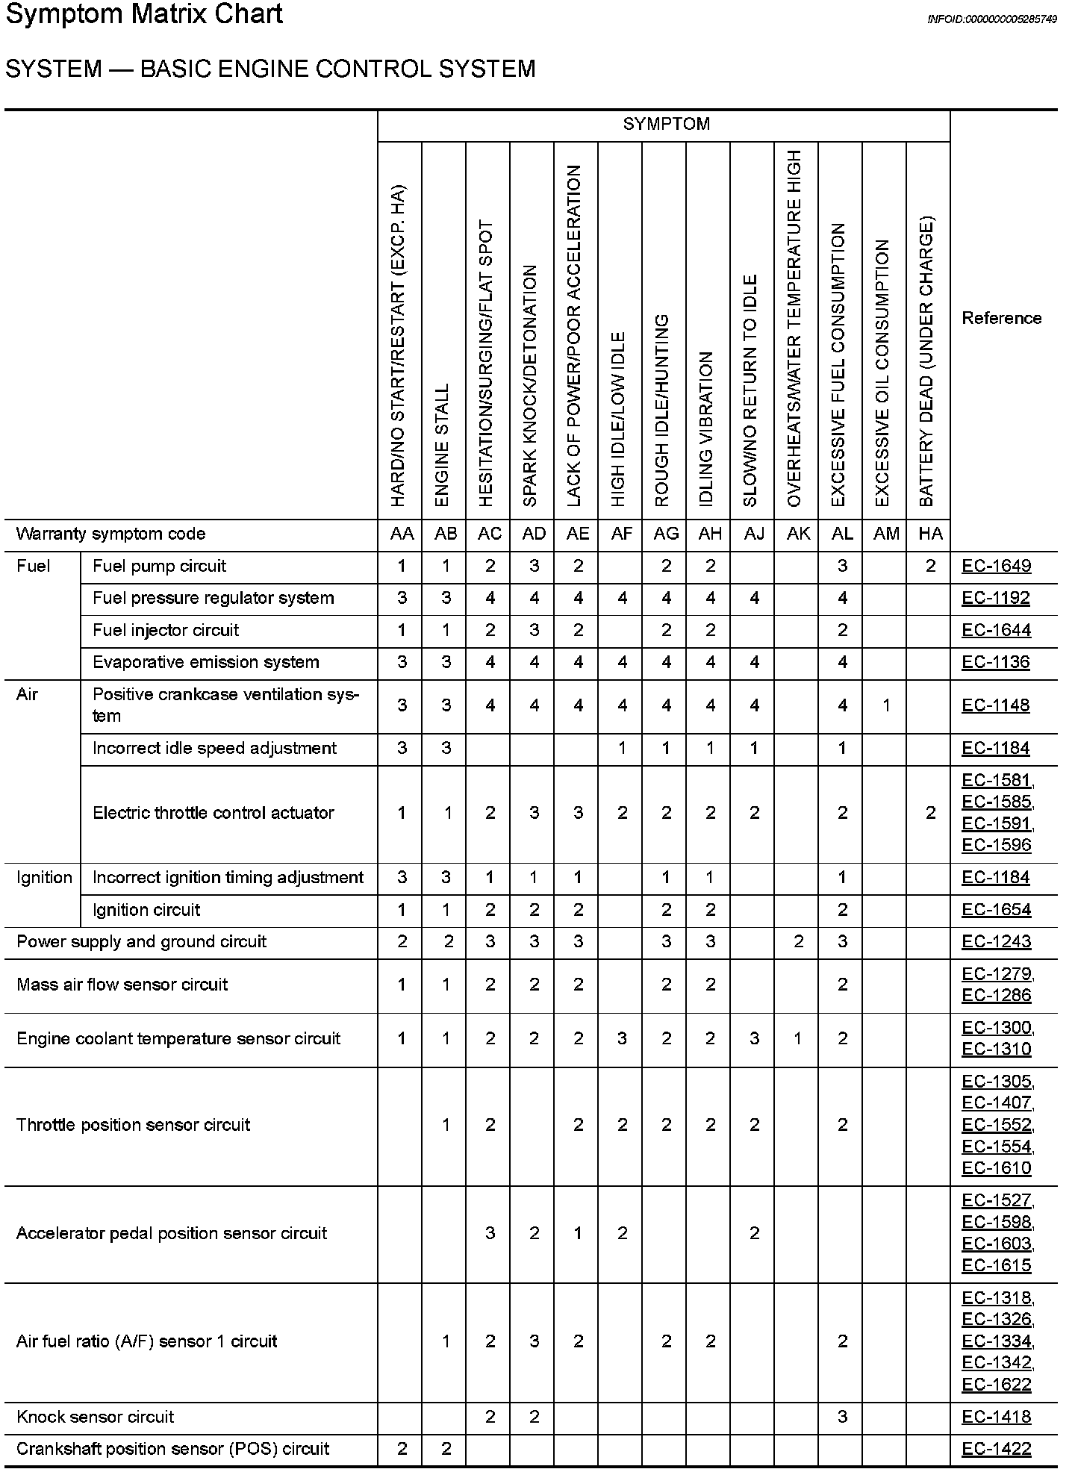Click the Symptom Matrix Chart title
(144, 15)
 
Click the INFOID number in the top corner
(991, 19)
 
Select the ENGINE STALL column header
(442, 445)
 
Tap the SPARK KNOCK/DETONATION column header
(530, 385)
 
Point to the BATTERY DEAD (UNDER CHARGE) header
(926, 361)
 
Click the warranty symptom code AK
(798, 534)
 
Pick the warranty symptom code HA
(930, 534)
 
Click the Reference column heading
(1001, 318)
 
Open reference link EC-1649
(996, 566)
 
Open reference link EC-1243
(996, 941)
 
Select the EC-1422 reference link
(996, 1449)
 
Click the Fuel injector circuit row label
(166, 630)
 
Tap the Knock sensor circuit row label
(95, 1417)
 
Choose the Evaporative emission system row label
(205, 662)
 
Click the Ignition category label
(44, 877)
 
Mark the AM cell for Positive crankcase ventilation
(886, 705)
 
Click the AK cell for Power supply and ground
(798, 941)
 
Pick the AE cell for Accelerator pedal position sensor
(578, 1233)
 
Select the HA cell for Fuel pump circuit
(930, 566)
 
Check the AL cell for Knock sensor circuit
(842, 1417)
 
